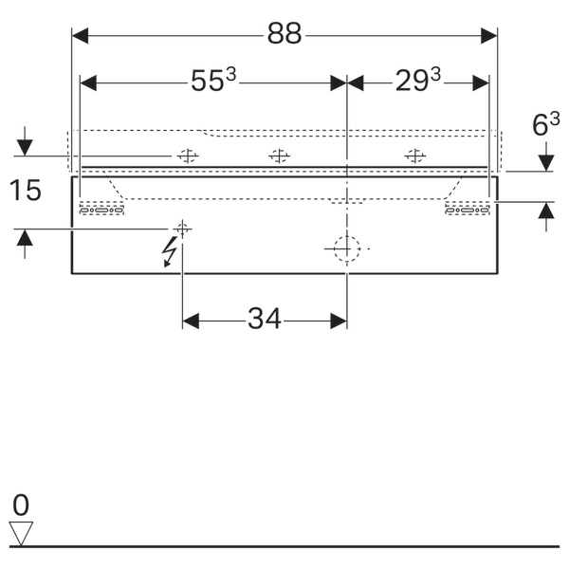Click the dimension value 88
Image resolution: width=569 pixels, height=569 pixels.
pos(284,35)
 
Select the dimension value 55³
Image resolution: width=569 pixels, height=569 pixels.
pos(212,83)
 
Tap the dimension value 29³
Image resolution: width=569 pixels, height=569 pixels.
pos(418,83)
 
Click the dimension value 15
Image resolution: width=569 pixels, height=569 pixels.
pos(27,191)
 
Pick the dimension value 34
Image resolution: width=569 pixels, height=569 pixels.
pos(265,321)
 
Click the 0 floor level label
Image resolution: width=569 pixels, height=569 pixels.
pos(21,504)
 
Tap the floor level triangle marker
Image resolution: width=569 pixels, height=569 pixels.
pos(21,533)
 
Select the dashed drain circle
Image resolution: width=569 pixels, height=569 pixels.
pos(347,248)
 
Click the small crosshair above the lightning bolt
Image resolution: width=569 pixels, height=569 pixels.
pos(182,228)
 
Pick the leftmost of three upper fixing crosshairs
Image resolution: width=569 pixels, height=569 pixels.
pos(187,156)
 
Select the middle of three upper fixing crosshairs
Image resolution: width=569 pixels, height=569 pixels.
pos(278,156)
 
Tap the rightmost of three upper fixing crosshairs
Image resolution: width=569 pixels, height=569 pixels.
pos(413,156)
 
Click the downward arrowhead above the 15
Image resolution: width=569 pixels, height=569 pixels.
pos(25,148)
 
